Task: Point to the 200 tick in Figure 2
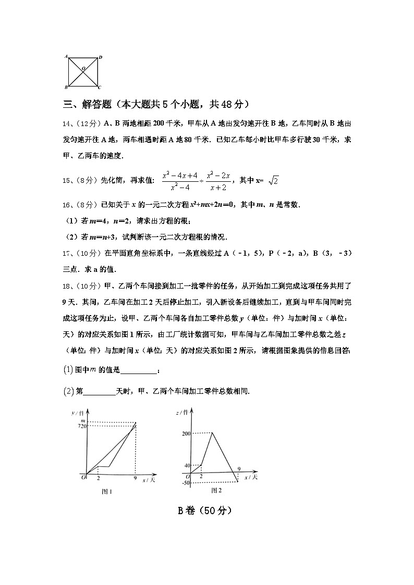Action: point(186,433)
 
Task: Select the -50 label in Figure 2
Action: point(186,483)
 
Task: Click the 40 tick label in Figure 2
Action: point(187,466)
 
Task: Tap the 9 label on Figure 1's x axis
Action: point(136,478)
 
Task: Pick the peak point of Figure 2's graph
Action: point(212,433)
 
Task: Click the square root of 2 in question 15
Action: point(273,181)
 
